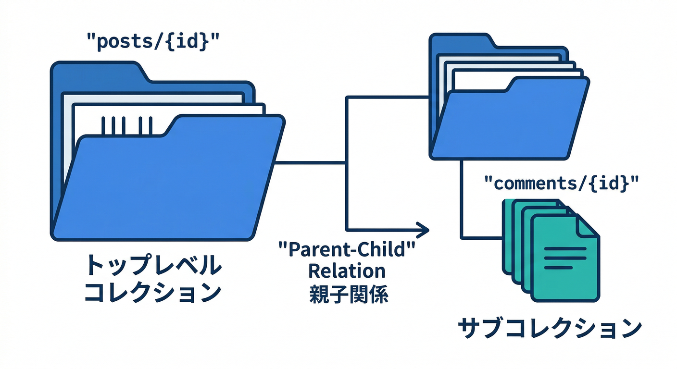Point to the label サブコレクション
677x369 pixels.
coord(550,329)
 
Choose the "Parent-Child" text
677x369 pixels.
coord(347,250)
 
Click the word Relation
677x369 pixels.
coord(347,271)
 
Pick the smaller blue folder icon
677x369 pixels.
coord(510,120)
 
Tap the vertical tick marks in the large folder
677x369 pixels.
coord(127,125)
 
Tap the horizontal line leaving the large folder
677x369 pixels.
coord(310,163)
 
